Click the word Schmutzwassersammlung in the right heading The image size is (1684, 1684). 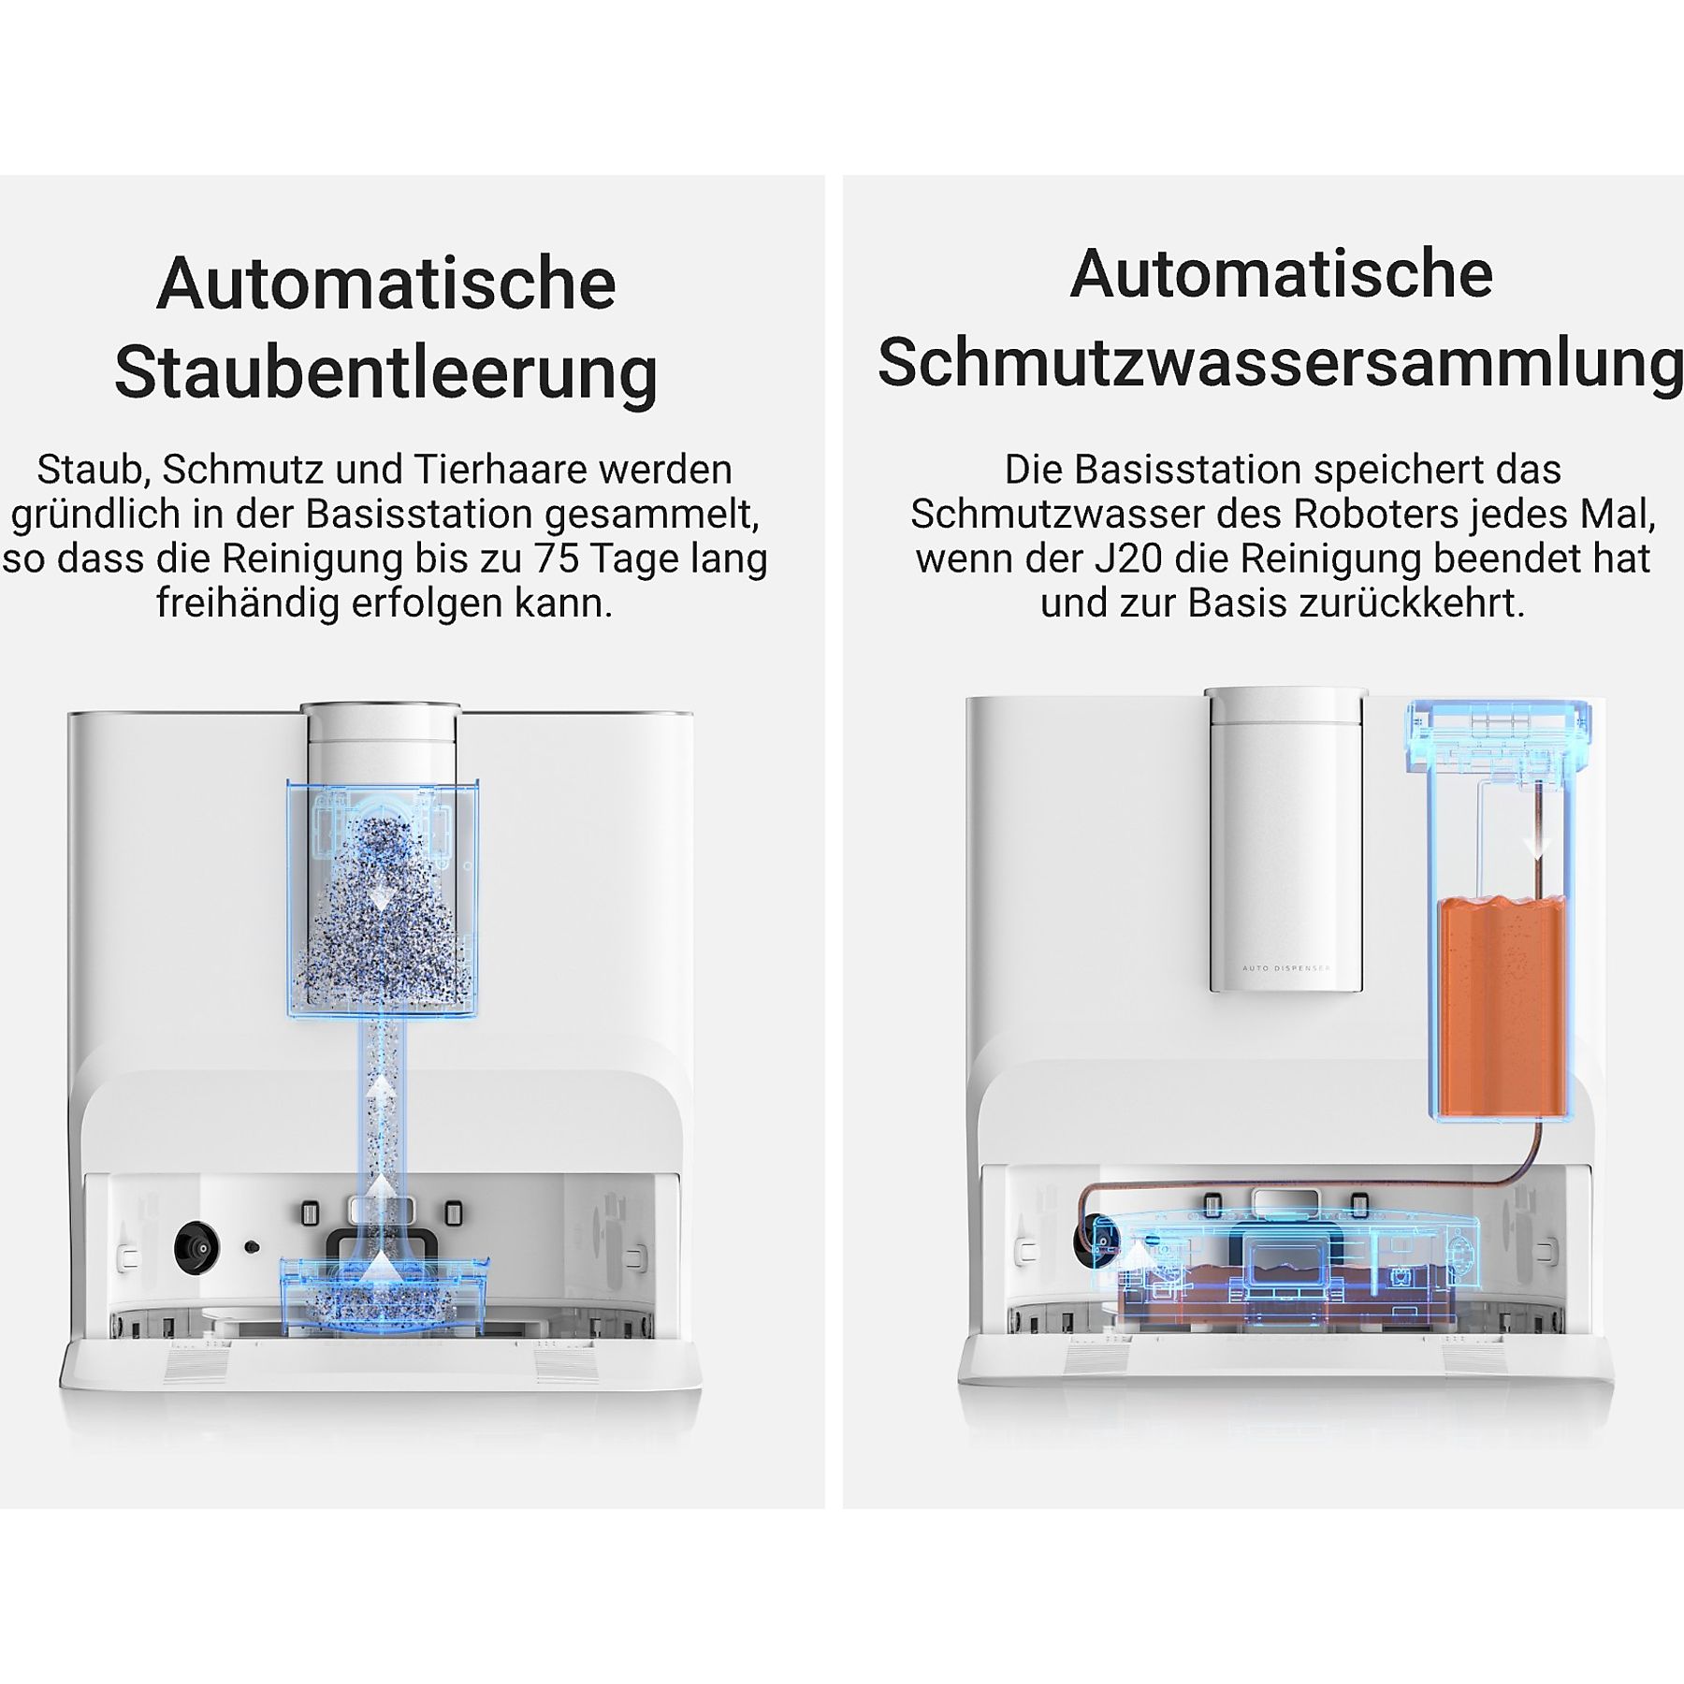1281,365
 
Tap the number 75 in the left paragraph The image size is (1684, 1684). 557,559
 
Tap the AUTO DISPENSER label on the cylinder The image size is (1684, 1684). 1285,968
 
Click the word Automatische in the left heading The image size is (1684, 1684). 386,283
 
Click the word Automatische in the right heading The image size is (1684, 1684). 1281,274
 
